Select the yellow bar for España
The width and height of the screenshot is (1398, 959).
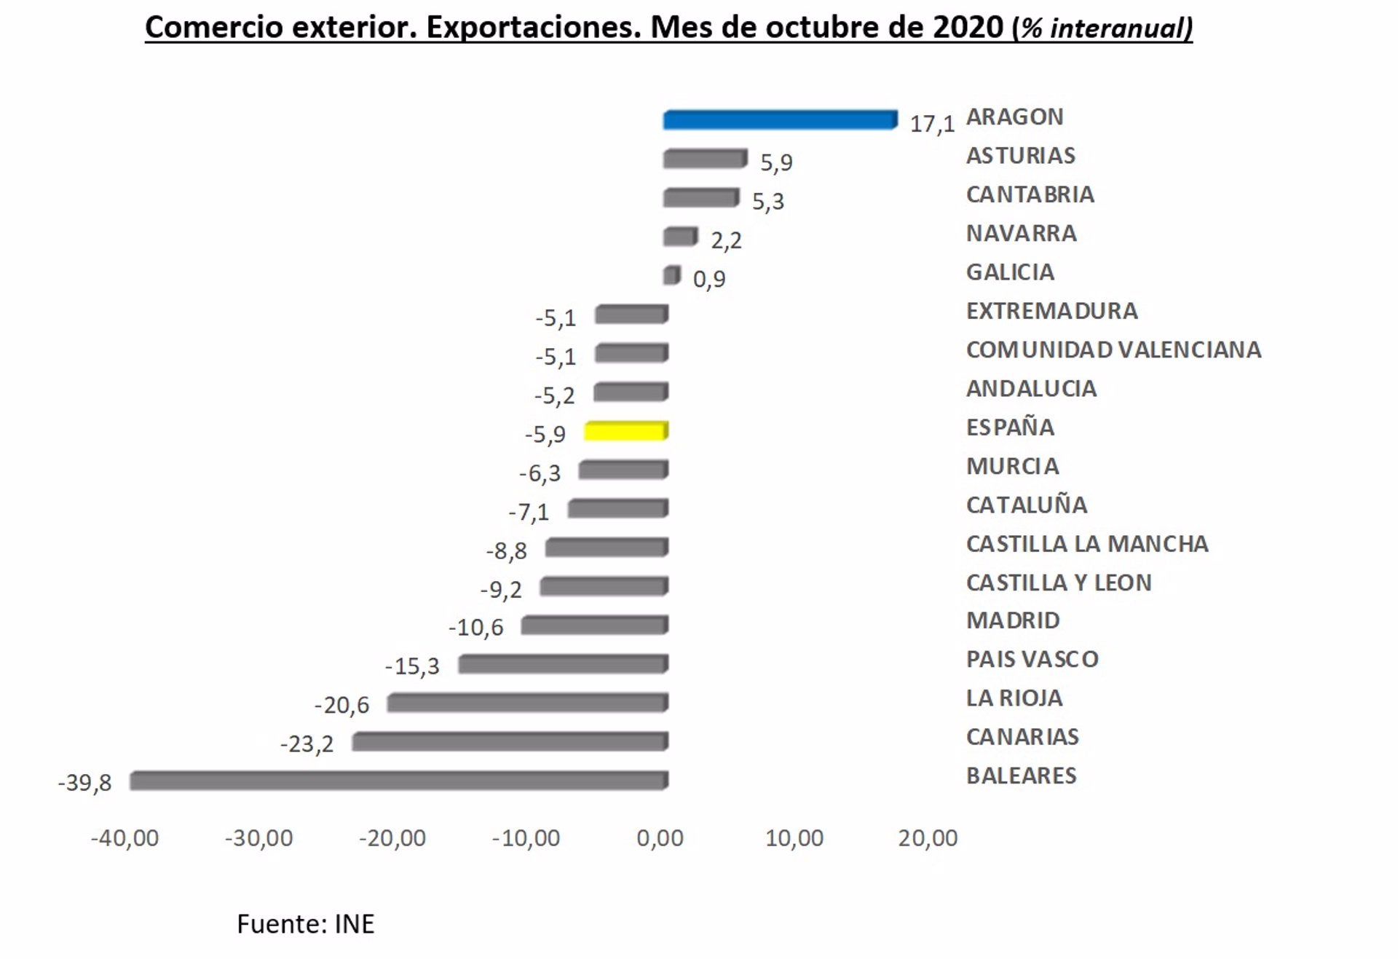coord(625,431)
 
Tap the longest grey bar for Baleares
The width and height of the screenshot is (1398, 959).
coord(398,781)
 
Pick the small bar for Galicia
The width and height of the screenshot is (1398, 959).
coord(671,275)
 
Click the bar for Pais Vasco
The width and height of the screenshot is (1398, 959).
coord(562,664)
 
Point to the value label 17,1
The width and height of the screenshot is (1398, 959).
coord(931,125)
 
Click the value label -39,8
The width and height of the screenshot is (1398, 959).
coord(84,784)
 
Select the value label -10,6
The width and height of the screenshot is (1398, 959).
coord(475,628)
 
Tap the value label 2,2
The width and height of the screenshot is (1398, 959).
coord(726,240)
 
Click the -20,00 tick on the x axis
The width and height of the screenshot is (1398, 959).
coord(392,839)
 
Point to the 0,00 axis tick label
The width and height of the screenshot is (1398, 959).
coord(660,839)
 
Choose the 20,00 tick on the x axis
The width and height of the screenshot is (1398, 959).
coord(928,839)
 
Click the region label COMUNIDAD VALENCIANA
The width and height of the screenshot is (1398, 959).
coord(1113,350)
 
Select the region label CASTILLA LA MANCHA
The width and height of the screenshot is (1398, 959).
coord(1086,544)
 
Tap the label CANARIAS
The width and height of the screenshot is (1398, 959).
coord(1022,737)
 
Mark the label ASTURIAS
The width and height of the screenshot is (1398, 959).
coord(1020,156)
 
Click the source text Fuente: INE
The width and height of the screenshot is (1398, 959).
coord(305,924)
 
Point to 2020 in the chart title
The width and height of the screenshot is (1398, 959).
coord(968,28)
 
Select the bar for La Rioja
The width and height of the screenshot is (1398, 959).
coord(527,703)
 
